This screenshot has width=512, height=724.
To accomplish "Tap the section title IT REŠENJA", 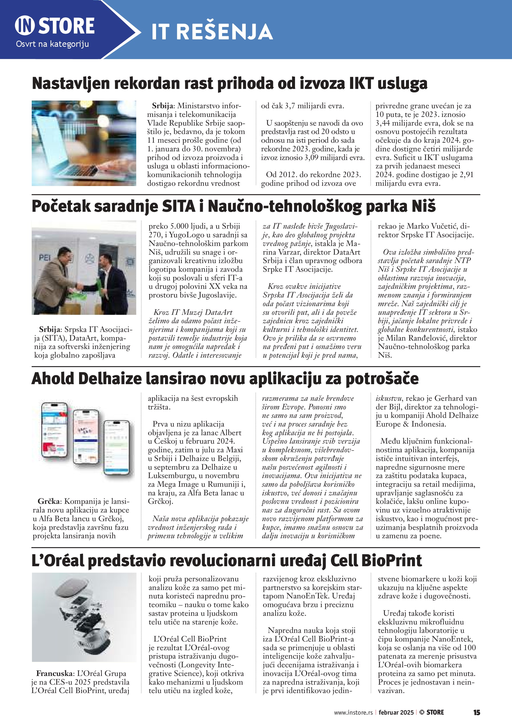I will [x=212, y=32].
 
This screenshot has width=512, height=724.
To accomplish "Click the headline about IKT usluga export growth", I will [x=230, y=83].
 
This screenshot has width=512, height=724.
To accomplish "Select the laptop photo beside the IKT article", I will [x=84, y=143].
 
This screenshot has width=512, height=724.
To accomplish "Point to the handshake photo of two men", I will [x=84, y=268].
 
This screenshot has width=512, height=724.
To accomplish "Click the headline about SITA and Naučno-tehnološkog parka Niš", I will [x=233, y=206].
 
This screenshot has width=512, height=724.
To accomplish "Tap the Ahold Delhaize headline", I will [x=225, y=379].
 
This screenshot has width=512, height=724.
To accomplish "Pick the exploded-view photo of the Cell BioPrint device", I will [x=84, y=617].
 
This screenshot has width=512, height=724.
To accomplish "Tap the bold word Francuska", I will [x=54, y=673].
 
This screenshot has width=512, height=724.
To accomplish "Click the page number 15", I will [x=476, y=712].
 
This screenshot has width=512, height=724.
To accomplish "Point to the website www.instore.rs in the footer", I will [x=353, y=713].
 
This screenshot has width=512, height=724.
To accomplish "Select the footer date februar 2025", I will [x=396, y=713].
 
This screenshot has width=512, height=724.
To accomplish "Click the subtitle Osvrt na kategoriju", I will [x=52, y=44].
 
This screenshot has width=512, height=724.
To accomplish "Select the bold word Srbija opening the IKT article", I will [x=163, y=106].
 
